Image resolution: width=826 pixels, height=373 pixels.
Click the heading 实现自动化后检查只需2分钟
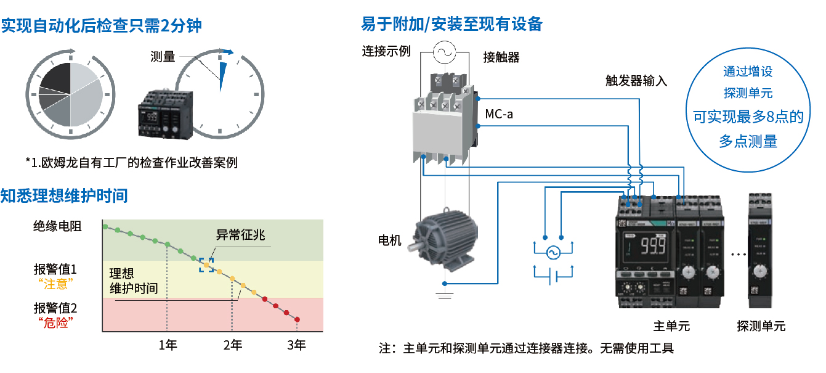[x=102, y=25]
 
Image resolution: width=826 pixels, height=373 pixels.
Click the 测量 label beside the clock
[x=163, y=57]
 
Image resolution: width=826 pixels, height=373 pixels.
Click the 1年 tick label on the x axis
[x=168, y=345]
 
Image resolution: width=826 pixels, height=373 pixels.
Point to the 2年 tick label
[x=232, y=345]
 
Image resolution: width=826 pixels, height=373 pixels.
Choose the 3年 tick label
[x=296, y=345]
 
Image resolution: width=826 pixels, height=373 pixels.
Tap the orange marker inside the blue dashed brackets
[x=206, y=264]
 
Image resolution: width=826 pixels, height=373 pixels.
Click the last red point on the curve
[x=298, y=319]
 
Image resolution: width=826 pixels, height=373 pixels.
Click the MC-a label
[x=498, y=114]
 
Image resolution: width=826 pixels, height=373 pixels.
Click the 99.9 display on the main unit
[x=652, y=248]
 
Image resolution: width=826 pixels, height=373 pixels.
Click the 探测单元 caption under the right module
[x=761, y=326]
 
